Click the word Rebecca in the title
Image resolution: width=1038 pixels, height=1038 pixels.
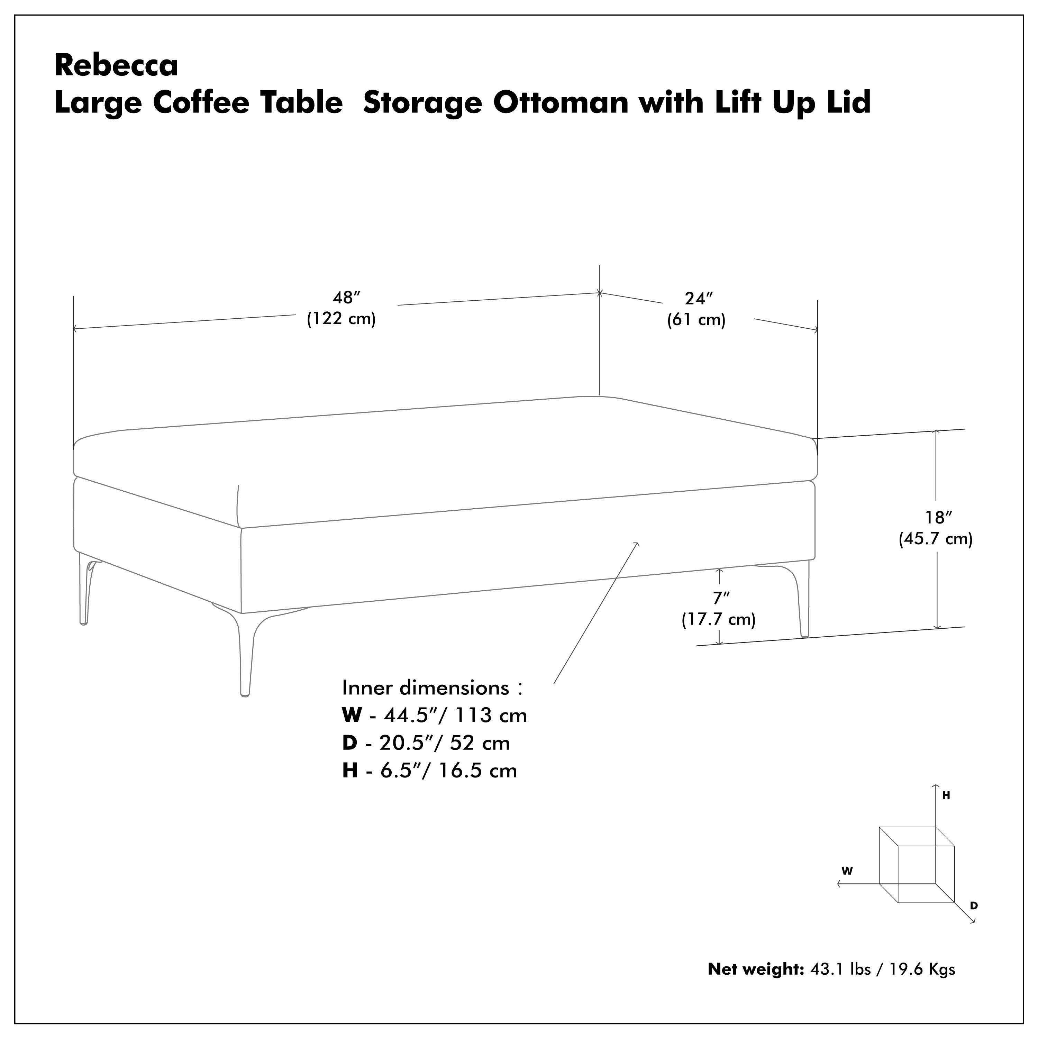pyautogui.click(x=116, y=65)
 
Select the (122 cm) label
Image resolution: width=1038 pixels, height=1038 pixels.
pyautogui.click(x=341, y=319)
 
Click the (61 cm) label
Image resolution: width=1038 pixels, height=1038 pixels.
pyautogui.click(x=696, y=320)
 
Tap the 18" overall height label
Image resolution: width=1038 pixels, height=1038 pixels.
pyautogui.click(x=938, y=517)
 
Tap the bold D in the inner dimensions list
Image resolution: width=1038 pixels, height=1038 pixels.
pyautogui.click(x=350, y=743)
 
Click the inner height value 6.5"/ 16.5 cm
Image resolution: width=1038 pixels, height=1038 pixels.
pyautogui.click(x=449, y=771)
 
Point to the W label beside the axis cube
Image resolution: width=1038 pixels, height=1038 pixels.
pyautogui.click(x=847, y=871)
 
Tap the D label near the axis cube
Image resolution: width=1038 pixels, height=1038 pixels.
pyautogui.click(x=974, y=906)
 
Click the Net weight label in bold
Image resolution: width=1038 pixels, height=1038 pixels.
pyautogui.click(x=755, y=969)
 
